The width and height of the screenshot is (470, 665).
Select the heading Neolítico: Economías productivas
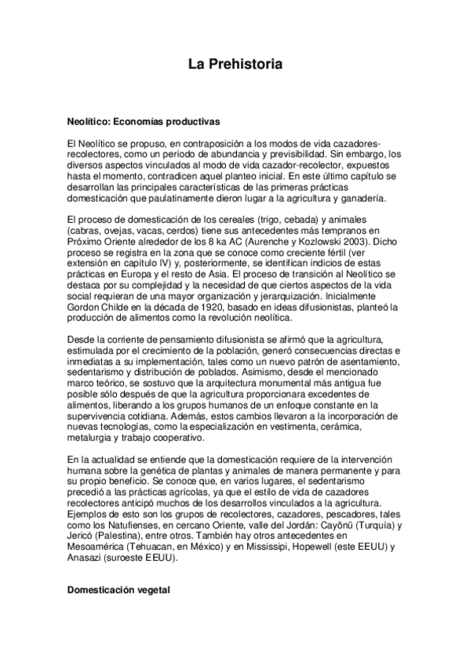[144, 122]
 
